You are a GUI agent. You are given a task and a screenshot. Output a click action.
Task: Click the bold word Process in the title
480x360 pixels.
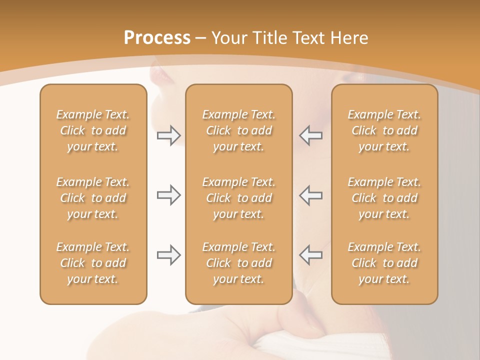coord(157,38)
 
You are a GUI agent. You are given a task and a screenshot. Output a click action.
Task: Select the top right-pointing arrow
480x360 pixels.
coord(168,135)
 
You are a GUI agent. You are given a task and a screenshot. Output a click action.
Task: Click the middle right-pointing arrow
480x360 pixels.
coord(168,195)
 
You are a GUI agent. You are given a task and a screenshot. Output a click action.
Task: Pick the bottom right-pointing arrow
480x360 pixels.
coord(168,255)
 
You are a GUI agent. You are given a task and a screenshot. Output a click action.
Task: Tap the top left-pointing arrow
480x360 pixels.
coord(311,135)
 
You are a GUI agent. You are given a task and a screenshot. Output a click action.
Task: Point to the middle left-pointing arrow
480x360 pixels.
coord(311,195)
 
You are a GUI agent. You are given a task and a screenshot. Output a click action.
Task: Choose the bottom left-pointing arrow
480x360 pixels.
coord(311,255)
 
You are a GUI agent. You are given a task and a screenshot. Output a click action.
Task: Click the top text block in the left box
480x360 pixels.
coord(93,130)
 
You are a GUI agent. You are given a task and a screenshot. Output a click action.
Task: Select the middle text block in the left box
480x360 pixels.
coord(93,198)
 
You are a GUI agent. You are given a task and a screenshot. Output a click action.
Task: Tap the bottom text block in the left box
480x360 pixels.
coord(93,263)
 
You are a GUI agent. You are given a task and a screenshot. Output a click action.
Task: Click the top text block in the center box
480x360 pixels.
coord(238,130)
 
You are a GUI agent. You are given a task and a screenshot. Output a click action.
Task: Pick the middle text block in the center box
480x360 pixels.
coord(238,198)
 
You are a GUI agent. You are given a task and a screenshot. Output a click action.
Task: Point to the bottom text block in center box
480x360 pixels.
coord(238,263)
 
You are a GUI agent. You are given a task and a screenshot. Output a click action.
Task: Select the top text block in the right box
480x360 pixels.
coord(384,130)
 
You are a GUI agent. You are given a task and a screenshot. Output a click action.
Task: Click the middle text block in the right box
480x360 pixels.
coord(384,198)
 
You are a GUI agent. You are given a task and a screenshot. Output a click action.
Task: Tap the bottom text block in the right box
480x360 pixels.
coord(384,263)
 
